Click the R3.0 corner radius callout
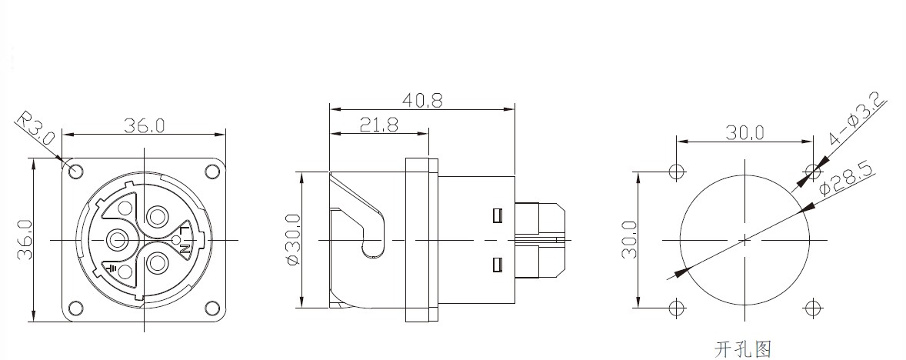tap(35, 128)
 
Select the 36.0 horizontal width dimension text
tap(144, 126)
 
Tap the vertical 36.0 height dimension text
tap(25, 240)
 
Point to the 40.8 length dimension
tap(422, 101)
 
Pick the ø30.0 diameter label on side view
tap(293, 240)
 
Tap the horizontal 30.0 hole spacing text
tap(744, 134)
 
